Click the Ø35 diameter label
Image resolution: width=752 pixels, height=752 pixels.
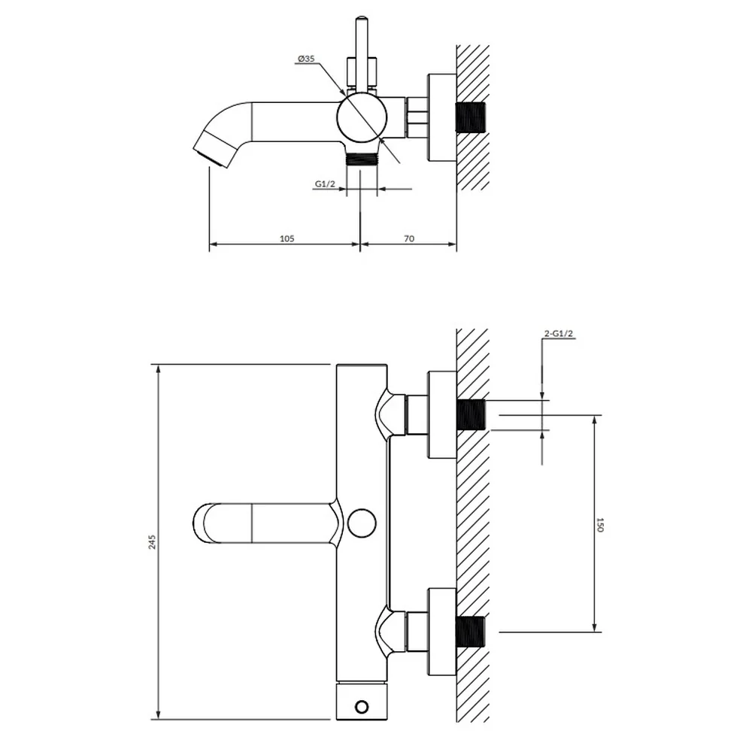pyautogui.click(x=306, y=59)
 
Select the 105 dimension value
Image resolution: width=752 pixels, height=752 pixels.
pyautogui.click(x=287, y=238)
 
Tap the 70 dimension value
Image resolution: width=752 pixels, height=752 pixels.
pyautogui.click(x=409, y=238)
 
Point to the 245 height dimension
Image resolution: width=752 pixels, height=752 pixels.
pyautogui.click(x=153, y=542)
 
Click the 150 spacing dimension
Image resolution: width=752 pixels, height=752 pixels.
pyautogui.click(x=599, y=524)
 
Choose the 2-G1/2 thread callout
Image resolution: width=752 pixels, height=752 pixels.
pyautogui.click(x=559, y=334)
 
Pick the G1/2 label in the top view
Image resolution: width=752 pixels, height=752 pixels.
pyautogui.click(x=325, y=183)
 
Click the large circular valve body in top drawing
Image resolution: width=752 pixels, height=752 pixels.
pyautogui.click(x=362, y=117)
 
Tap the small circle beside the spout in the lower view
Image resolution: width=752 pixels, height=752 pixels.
pyautogui.click(x=362, y=523)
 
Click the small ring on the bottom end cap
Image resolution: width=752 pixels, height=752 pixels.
pyautogui.click(x=362, y=706)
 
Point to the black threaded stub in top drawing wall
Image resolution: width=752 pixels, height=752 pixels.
pyautogui.click(x=471, y=117)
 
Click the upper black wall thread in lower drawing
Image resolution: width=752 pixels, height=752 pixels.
pyautogui.click(x=471, y=415)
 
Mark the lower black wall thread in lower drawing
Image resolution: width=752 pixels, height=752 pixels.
pyautogui.click(x=471, y=632)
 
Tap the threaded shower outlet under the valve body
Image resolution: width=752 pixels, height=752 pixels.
pyautogui.click(x=362, y=159)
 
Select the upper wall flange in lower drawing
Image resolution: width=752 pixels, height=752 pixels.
pyautogui.click(x=442, y=415)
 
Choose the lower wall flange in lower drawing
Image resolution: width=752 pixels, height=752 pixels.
pyautogui.click(x=442, y=632)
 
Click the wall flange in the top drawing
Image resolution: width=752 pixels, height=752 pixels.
pyautogui.click(x=442, y=117)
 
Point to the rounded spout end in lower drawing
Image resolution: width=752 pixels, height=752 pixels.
pyautogui.click(x=204, y=523)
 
